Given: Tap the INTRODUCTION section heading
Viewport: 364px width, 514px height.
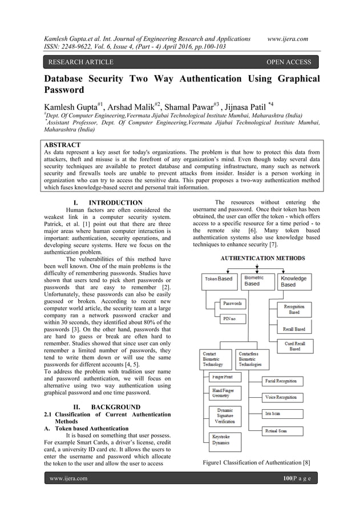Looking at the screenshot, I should (x=108, y=202).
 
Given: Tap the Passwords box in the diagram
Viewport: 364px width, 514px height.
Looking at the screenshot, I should (x=232, y=303).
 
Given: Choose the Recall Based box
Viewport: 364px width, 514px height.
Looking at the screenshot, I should (x=294, y=329).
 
